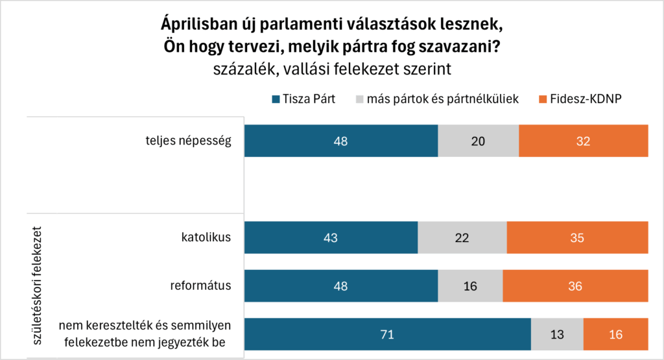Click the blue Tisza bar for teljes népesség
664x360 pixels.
point(341,141)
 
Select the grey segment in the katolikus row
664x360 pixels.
point(462,237)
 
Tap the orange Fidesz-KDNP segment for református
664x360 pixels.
point(575,285)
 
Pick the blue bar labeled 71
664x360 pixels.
point(388,334)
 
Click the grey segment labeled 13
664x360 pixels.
point(557,334)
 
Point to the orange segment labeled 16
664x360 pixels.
point(615,334)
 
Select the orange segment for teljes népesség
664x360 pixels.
point(583,141)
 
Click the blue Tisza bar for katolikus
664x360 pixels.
point(331,237)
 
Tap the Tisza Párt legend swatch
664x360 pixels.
point(276,100)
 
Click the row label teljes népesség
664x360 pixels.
point(188,141)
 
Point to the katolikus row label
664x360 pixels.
point(207,237)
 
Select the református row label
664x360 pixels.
point(200,285)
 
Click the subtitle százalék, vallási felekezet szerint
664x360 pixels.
point(331,69)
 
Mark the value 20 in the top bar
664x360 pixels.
point(478,141)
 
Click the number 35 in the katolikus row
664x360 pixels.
point(577,237)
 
